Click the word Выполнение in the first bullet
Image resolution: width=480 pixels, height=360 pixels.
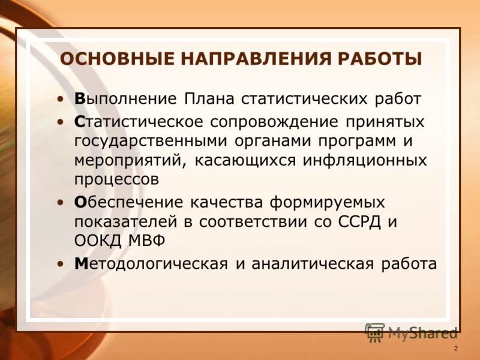(126, 98)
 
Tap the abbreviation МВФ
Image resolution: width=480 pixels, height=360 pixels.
(148, 241)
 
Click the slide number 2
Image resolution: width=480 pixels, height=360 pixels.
(456, 349)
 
